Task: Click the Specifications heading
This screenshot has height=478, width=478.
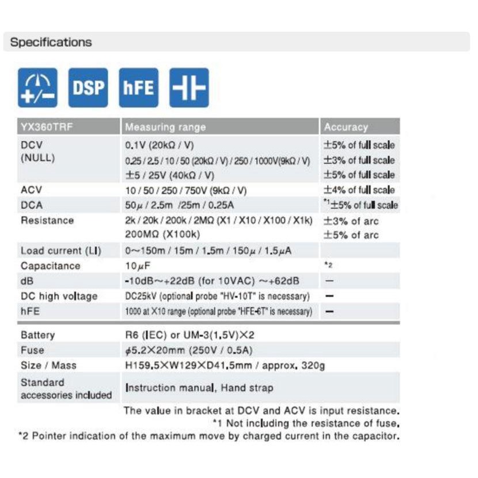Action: click(x=51, y=42)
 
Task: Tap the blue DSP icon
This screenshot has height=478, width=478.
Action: click(x=88, y=88)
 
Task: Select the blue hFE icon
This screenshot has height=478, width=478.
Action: click(x=138, y=88)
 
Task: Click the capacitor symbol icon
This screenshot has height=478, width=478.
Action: click(x=189, y=88)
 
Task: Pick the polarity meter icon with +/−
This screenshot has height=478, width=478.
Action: click(x=37, y=88)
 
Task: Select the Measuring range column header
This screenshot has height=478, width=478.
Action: click(x=165, y=127)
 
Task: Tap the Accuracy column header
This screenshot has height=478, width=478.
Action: click(x=346, y=127)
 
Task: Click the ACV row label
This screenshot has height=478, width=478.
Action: click(x=31, y=189)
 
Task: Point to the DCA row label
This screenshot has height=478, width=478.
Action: click(x=32, y=204)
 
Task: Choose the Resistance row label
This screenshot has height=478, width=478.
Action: click(x=47, y=220)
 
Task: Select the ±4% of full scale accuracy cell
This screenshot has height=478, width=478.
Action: click(x=359, y=189)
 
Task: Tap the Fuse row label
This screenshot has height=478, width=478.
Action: click(x=32, y=350)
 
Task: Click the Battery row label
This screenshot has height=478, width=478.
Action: click(x=37, y=335)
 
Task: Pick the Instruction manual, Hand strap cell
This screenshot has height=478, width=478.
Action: click(x=199, y=388)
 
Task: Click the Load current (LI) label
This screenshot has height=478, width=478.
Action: click(x=61, y=251)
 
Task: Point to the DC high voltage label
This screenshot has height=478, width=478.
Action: click(x=59, y=296)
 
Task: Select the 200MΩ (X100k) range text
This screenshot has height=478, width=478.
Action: click(x=162, y=235)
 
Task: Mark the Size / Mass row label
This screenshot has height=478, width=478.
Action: click(x=48, y=365)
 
